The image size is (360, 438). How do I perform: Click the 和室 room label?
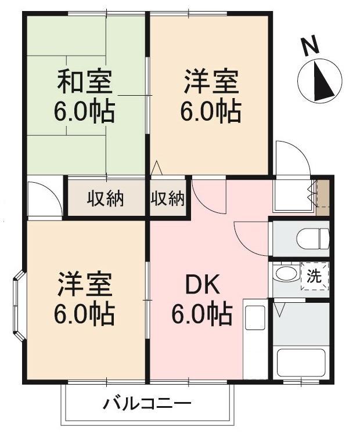point(85,82)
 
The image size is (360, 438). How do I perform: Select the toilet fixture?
point(313,238)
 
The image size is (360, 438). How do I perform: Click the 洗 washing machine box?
point(315,276)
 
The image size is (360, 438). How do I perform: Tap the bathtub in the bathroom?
point(301,363)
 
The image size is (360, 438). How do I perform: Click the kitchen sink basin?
point(255,318)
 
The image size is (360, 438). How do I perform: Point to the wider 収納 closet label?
point(105,199)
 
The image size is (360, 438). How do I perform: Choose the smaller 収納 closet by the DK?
point(168,199)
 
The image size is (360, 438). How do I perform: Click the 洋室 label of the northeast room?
point(211,82)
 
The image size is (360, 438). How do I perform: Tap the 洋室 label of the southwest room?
point(85,284)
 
